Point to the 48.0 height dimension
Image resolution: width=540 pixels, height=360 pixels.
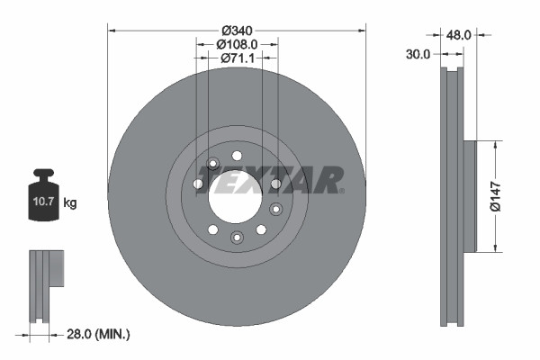(460, 34)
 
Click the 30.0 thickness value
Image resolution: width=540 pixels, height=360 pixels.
(418, 54)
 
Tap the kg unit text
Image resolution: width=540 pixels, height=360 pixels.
(70, 203)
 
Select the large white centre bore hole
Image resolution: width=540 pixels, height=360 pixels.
(234, 194)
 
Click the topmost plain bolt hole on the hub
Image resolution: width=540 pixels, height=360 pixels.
(237, 156)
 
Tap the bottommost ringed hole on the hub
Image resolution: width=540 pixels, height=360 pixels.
(237, 237)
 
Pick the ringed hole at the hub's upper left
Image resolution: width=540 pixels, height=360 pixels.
(213, 164)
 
